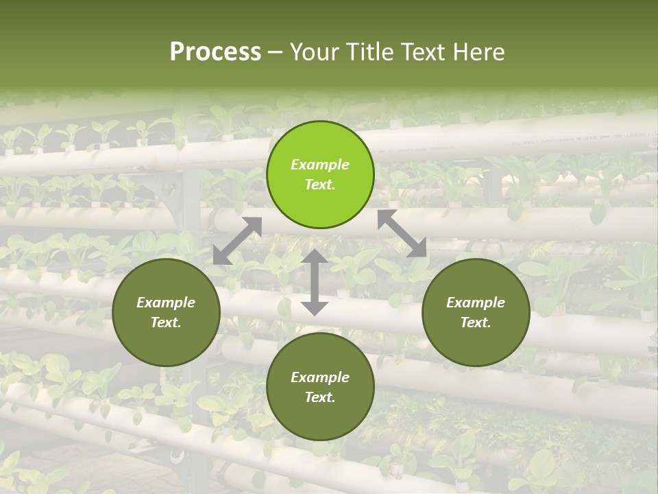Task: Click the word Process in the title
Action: point(215,52)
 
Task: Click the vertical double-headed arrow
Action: point(315,282)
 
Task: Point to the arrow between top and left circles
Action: point(237,240)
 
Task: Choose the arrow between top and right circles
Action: point(402,233)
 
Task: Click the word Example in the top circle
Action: point(320,165)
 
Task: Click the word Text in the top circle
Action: point(319,185)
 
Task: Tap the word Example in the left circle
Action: point(166,303)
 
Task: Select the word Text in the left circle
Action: point(164,323)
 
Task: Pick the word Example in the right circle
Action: point(476,303)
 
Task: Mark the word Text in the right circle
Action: point(474,323)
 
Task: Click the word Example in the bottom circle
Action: point(320,377)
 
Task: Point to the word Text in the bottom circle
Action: point(319,398)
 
